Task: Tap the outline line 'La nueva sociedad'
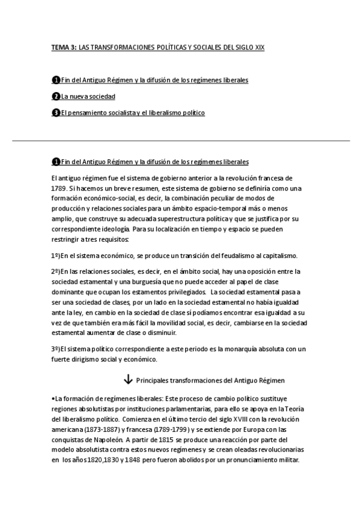88,96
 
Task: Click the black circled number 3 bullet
56,112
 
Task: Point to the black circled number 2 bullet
56,96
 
